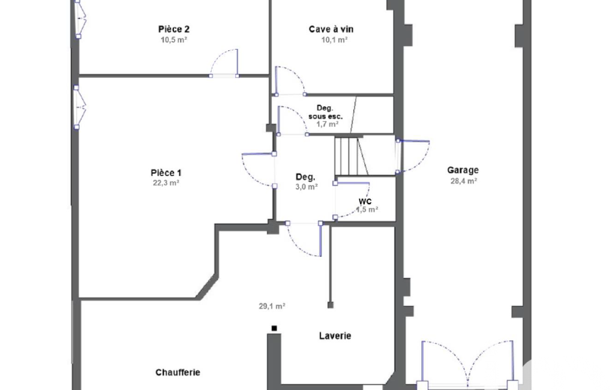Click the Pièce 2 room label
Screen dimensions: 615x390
[174, 29]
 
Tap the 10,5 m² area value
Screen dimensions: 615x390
[174, 40]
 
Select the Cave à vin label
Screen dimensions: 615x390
[331, 29]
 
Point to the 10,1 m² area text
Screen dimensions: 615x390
[335, 40]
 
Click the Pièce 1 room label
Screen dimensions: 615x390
[166, 173]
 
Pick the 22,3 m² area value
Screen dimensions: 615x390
[166, 183]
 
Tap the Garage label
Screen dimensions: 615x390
[463, 170]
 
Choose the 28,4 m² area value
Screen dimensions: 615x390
[464, 181]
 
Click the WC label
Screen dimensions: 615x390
[365, 201]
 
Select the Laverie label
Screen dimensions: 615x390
[335, 336]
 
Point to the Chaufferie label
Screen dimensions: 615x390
[178, 373]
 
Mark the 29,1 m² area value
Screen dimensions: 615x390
[272, 306]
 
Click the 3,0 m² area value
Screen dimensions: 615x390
[307, 187]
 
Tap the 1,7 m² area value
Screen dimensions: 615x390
[328, 124]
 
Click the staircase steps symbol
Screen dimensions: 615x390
[350, 156]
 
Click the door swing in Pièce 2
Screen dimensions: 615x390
[224, 63]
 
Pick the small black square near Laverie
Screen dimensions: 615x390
[274, 328]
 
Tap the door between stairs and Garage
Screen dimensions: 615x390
[412, 156]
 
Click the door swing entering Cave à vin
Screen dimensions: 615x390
[290, 81]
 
